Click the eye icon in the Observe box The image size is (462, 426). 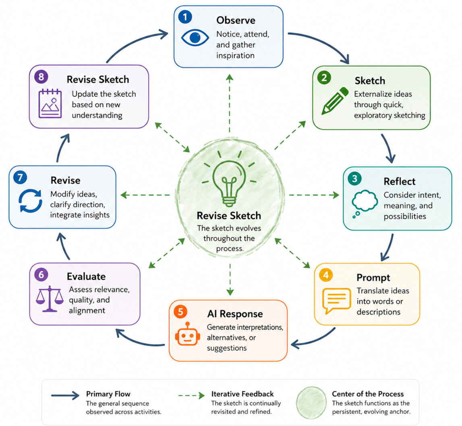point(195,37)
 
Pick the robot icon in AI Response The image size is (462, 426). point(187,334)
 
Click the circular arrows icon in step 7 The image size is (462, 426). point(30,201)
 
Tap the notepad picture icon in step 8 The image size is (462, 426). point(50,103)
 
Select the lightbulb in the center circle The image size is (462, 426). point(229,179)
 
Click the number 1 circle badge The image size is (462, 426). point(185,17)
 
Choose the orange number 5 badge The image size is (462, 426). point(180,312)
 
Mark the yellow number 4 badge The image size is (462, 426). point(326,275)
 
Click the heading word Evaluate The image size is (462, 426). point(86,276)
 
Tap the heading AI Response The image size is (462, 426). point(235,314)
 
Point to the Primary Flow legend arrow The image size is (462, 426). point(65,395)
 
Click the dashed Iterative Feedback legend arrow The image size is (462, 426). point(191,395)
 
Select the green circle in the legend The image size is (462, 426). point(311,402)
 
